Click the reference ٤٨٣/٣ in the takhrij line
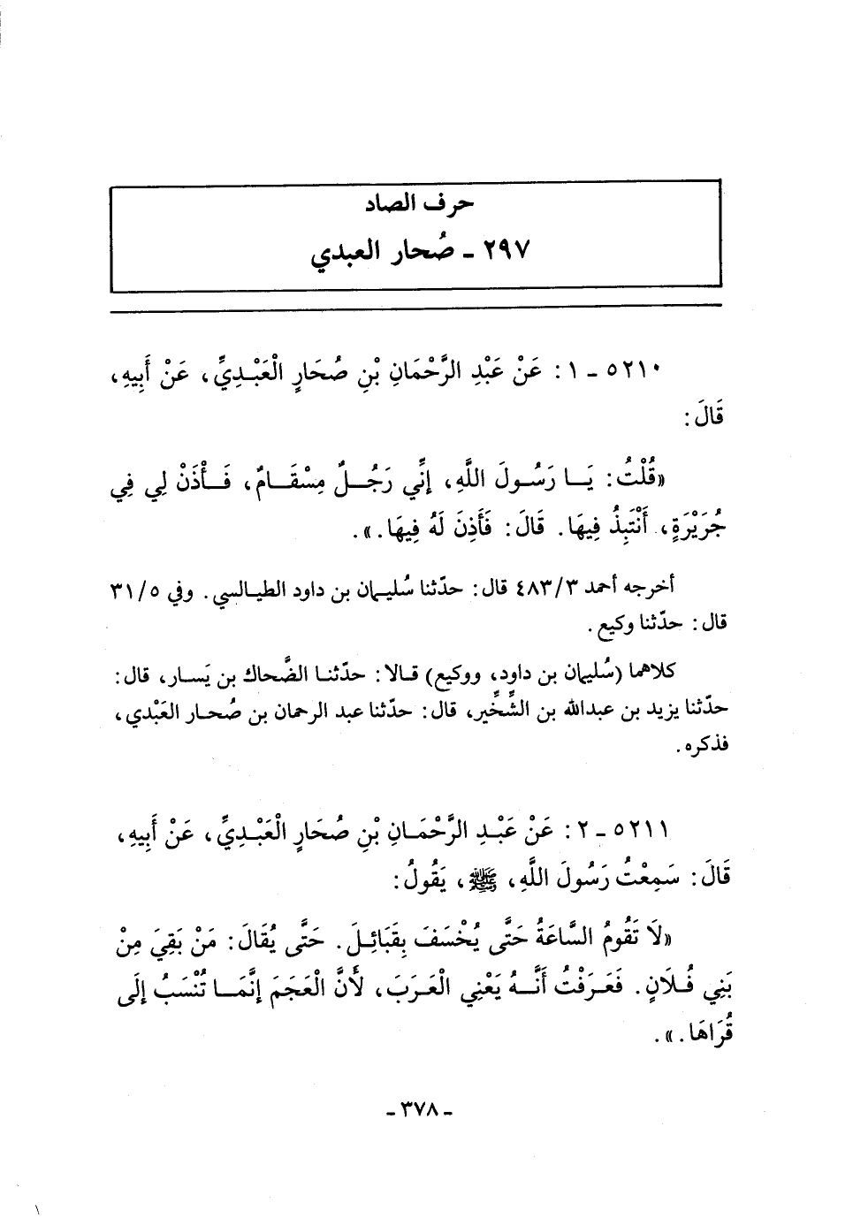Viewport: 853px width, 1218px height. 532,588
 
